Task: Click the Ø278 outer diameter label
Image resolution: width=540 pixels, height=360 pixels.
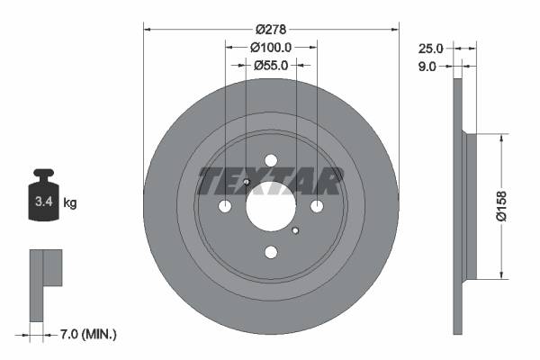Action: (271, 29)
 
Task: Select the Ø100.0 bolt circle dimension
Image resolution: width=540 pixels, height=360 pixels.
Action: (271, 47)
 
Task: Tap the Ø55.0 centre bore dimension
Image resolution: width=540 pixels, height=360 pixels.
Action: (271, 65)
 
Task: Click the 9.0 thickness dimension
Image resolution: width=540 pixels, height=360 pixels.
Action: (427, 66)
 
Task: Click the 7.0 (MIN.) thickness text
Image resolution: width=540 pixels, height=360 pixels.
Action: (86, 334)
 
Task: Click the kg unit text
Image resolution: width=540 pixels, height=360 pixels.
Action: (70, 203)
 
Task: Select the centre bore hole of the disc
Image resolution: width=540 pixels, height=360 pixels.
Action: (270, 207)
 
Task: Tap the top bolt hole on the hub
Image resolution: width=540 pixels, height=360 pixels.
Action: (270, 160)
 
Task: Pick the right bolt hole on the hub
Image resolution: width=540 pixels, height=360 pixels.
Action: (317, 207)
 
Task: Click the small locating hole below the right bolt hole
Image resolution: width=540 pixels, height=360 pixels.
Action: (295, 231)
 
